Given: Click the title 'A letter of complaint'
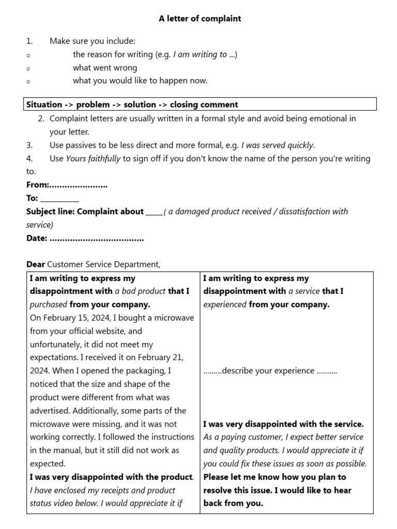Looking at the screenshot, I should click(x=200, y=19).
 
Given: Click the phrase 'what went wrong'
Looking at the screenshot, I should click(x=105, y=68).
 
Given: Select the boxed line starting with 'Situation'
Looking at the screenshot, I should click(x=132, y=104).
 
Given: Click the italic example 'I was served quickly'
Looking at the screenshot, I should click(x=277, y=145).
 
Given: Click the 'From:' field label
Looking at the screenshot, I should click(x=38, y=185).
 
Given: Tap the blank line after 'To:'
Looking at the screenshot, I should click(x=59, y=198).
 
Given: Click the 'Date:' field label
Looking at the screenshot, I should click(x=37, y=238).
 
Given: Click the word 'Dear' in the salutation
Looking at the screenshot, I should click(x=36, y=264).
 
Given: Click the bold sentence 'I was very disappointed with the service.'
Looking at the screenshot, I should click(x=283, y=424).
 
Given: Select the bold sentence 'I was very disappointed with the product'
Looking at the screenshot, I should click(x=111, y=477).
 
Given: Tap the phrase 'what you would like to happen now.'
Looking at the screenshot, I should click(x=140, y=81).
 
